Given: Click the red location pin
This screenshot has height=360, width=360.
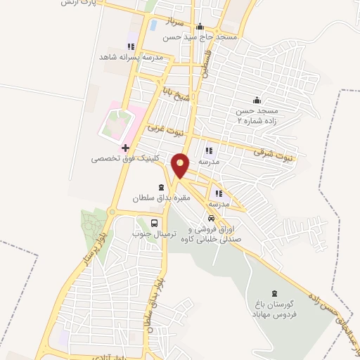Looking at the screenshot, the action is click(181, 165).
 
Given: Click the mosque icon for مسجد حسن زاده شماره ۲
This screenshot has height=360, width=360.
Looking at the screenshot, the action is click(257, 100).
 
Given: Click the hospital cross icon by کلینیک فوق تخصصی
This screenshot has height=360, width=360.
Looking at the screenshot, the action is click(125, 148).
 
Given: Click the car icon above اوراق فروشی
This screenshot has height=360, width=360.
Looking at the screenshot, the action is click(211, 219).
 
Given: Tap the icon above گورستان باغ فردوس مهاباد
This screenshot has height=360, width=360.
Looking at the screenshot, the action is click(274, 292).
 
